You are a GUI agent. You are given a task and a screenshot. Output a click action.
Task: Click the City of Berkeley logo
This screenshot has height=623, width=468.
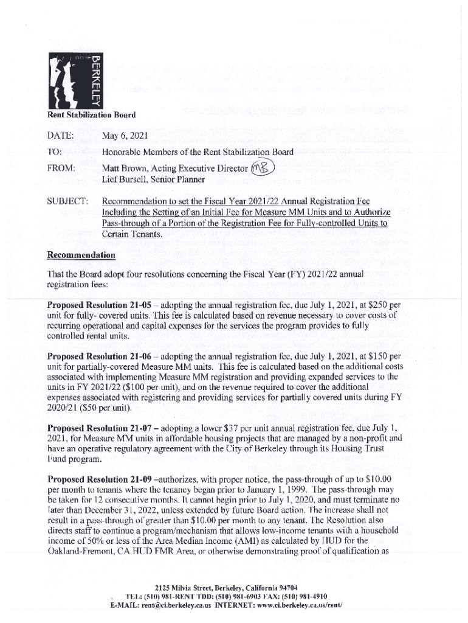(75, 80)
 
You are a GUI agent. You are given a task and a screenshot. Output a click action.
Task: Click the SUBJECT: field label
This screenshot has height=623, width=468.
(67, 201)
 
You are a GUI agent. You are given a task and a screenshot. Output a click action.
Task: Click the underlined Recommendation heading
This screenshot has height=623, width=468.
(81, 254)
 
